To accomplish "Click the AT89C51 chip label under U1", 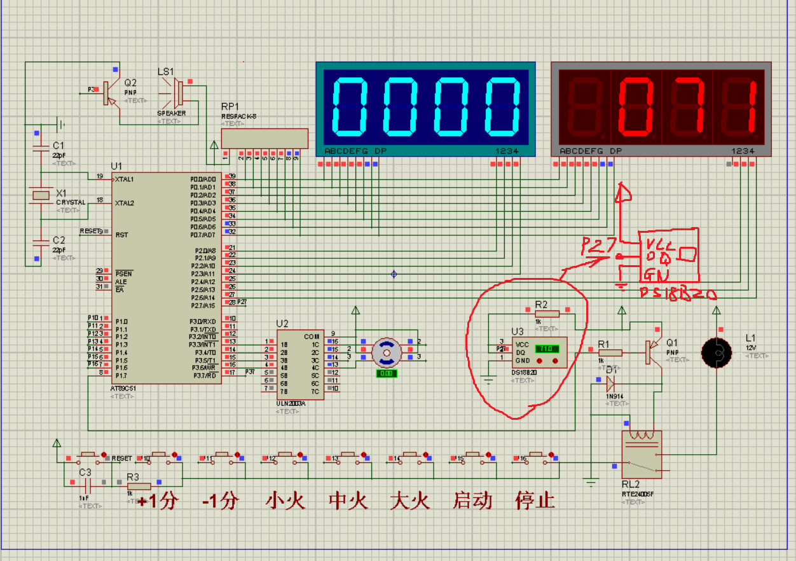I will click(123, 387).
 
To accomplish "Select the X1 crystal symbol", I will click(42, 195).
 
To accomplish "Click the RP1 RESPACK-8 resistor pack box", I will click(264, 138).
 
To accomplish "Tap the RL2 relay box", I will click(642, 454).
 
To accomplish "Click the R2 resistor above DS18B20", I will click(547, 313).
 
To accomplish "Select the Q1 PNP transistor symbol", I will click(653, 352).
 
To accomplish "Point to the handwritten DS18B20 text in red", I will click(678, 293).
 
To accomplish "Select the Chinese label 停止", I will click(535, 500).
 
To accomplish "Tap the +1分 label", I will click(156, 501).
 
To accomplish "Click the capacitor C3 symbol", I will click(85, 483).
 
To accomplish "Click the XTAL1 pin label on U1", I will click(125, 179).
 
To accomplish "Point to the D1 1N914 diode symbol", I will click(610, 382).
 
